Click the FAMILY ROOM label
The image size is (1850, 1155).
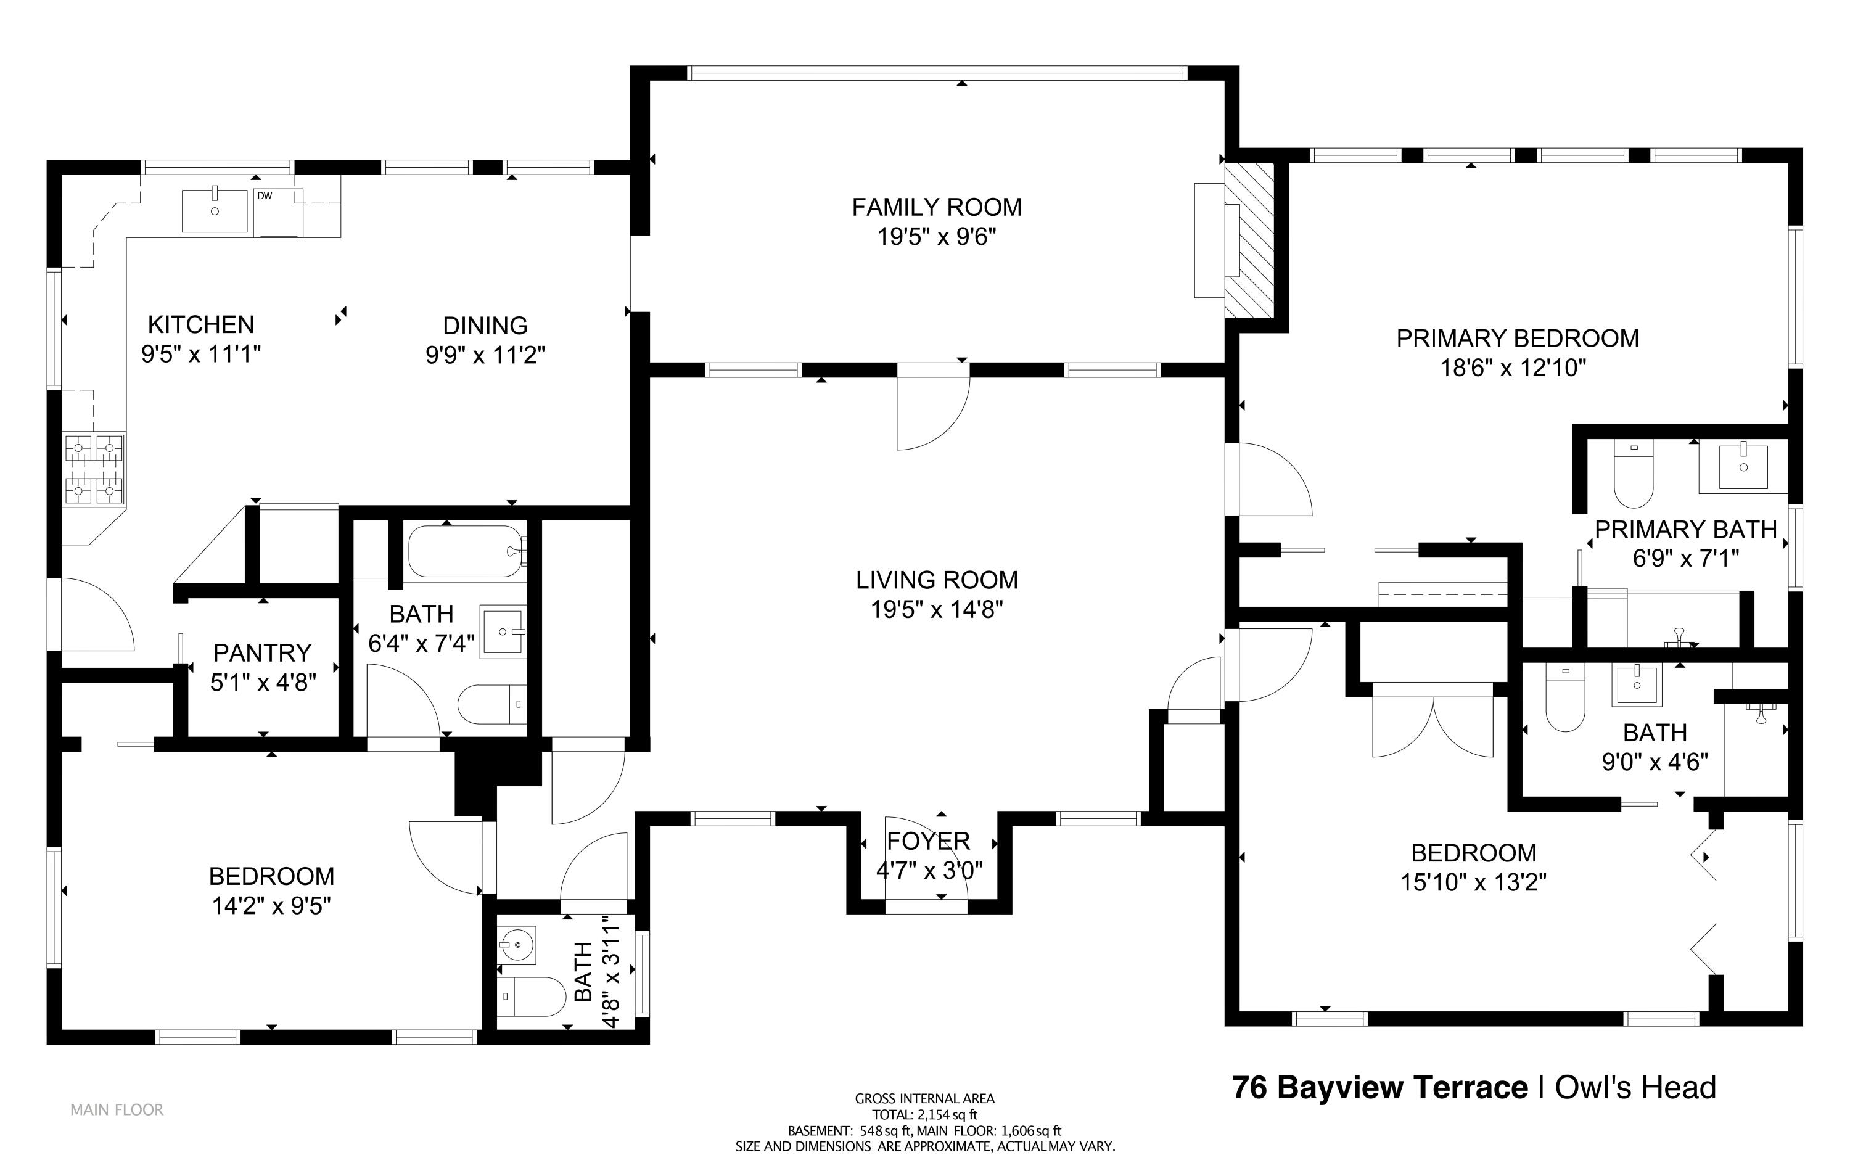click(x=937, y=207)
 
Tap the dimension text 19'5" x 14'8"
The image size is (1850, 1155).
click(x=937, y=610)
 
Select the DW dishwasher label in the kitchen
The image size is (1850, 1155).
click(x=265, y=196)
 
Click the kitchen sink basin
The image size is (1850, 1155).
click(x=215, y=210)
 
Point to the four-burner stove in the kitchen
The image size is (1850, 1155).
click(x=94, y=469)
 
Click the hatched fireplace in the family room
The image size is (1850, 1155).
click(x=1249, y=240)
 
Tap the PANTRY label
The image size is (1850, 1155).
click(x=262, y=653)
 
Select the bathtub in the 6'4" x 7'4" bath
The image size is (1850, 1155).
click(x=466, y=551)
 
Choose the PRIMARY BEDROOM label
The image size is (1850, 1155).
click(x=1517, y=339)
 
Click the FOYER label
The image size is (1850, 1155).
click(x=928, y=841)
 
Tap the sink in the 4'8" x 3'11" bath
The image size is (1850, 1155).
click(x=517, y=946)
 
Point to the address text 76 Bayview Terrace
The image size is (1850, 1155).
click(x=1379, y=1088)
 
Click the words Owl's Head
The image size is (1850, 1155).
click(x=1635, y=1088)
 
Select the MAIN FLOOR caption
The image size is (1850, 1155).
click(x=117, y=1110)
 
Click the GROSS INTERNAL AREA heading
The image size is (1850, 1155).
click(x=925, y=1098)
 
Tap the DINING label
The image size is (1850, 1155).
click(x=485, y=326)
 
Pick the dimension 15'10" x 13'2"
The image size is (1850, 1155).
click(x=1473, y=883)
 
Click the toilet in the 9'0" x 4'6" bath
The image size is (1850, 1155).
click(x=1564, y=697)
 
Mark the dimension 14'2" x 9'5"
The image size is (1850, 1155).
click(x=271, y=906)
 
